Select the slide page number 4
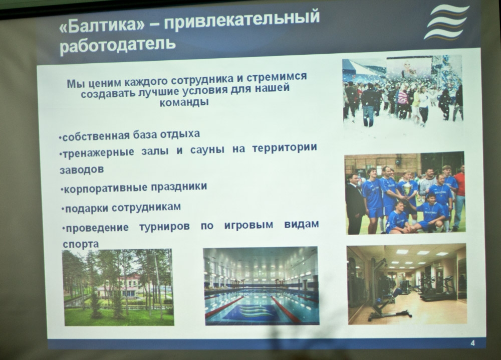pos(473,343)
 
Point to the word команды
pos(185,102)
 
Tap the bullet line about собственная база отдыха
pos(129,135)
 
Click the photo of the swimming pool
pos(261,285)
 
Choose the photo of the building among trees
pos(118,287)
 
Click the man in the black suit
pos(355,203)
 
